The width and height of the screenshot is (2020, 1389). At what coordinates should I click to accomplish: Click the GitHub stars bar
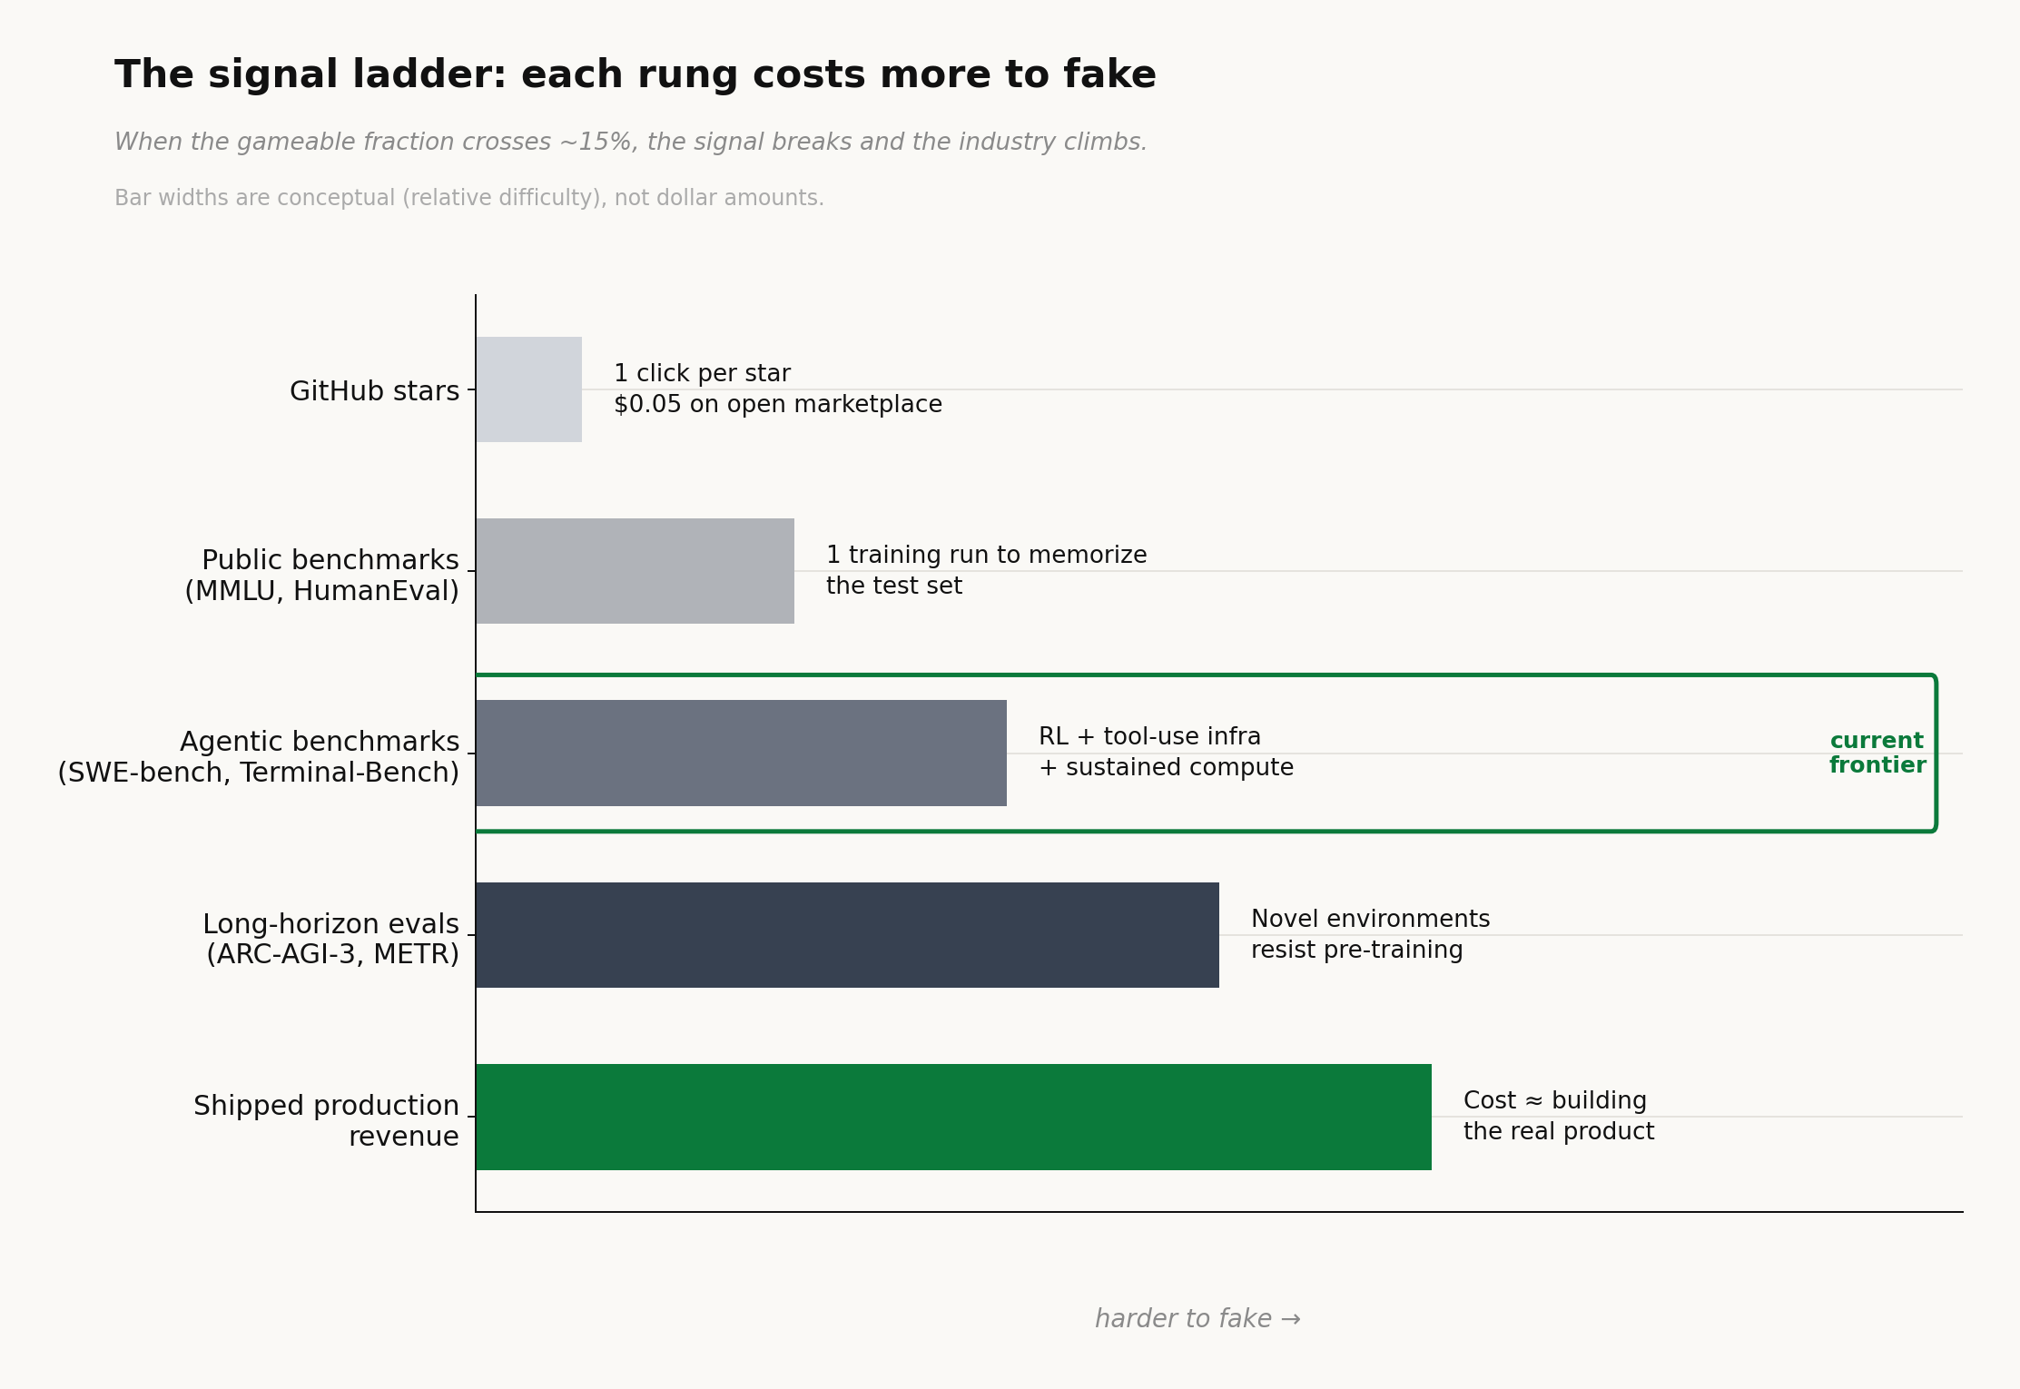click(x=528, y=389)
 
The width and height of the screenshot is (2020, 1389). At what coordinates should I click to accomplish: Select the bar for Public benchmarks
click(x=635, y=571)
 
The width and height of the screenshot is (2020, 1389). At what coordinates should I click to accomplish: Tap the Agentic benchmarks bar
click(x=741, y=753)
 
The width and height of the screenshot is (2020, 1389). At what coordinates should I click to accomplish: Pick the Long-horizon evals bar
click(x=847, y=935)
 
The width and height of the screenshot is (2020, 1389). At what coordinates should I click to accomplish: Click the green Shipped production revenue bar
click(x=953, y=1117)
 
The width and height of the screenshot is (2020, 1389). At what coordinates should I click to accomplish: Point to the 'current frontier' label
click(x=1877, y=754)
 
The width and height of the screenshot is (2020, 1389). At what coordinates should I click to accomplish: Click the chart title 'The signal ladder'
click(x=635, y=75)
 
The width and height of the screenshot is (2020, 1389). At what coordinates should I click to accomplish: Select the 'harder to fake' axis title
click(x=1197, y=1319)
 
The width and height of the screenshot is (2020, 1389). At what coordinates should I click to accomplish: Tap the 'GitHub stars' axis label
click(x=374, y=391)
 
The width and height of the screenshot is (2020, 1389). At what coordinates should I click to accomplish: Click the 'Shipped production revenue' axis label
click(x=327, y=1120)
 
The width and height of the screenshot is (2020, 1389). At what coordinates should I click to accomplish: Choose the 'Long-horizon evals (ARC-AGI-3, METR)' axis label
click(x=331, y=939)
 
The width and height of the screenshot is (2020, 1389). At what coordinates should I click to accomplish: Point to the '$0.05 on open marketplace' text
click(x=777, y=405)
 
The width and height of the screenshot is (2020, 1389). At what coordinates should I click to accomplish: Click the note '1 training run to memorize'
click(x=986, y=556)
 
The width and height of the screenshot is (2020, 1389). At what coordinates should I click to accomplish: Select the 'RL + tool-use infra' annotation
click(x=1149, y=737)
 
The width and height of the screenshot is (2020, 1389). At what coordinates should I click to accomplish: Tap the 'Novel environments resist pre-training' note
click(x=1369, y=934)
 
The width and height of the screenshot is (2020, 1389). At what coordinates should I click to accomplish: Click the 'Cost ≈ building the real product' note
click(x=1558, y=1116)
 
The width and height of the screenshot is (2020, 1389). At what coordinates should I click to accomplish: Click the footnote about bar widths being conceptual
click(x=468, y=198)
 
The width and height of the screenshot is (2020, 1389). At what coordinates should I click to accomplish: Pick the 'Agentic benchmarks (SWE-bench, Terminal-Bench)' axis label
click(x=259, y=757)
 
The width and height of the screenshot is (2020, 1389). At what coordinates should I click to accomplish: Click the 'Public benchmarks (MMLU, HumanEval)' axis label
click(x=322, y=576)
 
